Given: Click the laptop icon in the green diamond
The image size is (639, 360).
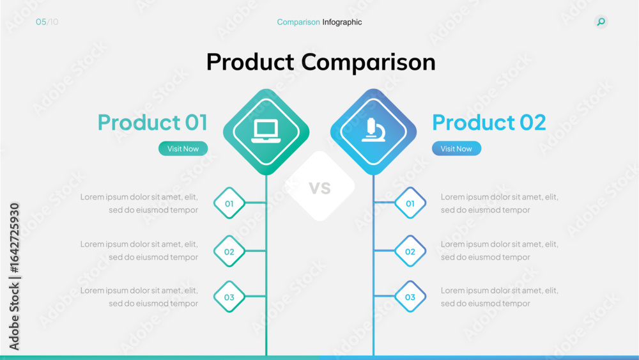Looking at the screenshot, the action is pyautogui.click(x=266, y=131).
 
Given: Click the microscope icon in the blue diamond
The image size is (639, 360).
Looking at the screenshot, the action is pyautogui.click(x=373, y=130).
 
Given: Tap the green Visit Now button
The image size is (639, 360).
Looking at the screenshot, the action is pyautogui.click(x=183, y=148).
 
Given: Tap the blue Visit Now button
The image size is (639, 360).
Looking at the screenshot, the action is pyautogui.click(x=456, y=148).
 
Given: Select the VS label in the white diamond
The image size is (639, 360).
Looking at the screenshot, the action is pyautogui.click(x=320, y=187).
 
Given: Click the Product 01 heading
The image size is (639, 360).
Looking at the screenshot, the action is pyautogui.click(x=153, y=122).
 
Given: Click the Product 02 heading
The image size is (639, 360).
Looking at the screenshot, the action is pyautogui.click(x=489, y=122).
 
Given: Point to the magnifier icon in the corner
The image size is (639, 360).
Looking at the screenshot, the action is pyautogui.click(x=601, y=22).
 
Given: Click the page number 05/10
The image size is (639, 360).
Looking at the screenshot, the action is pyautogui.click(x=47, y=22).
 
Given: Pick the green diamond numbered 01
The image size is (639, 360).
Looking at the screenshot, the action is pyautogui.click(x=229, y=203).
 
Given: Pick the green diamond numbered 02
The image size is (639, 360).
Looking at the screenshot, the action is pyautogui.click(x=229, y=251).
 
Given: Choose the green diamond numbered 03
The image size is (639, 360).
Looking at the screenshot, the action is pyautogui.click(x=229, y=297).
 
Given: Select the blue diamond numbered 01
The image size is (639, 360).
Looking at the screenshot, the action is pyautogui.click(x=410, y=203).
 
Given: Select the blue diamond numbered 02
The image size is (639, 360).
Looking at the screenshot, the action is pyautogui.click(x=410, y=251).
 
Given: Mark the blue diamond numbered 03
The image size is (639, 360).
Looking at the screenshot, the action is pyautogui.click(x=410, y=297).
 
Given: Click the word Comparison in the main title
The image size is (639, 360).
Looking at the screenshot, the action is pyautogui.click(x=369, y=63).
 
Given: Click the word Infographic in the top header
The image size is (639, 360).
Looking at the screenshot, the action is pyautogui.click(x=342, y=22).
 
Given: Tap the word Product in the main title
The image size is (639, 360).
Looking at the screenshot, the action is pyautogui.click(x=250, y=62).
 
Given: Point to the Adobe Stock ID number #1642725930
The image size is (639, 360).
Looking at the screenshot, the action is pyautogui.click(x=15, y=238).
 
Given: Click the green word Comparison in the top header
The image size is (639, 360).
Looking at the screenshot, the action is pyautogui.click(x=298, y=22).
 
